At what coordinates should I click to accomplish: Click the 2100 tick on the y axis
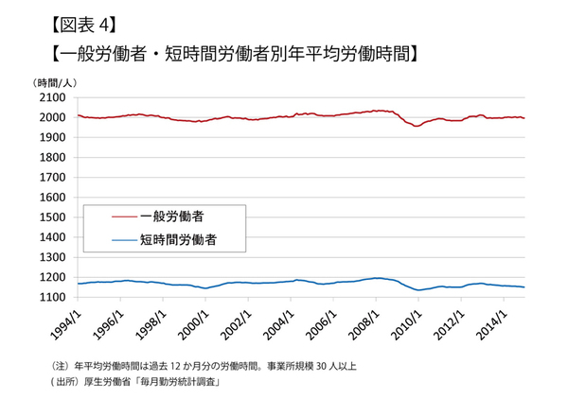click(51, 97)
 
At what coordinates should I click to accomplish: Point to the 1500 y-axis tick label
click(51, 217)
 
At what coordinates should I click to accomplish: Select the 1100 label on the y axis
click(51, 297)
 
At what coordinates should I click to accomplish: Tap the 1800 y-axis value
click(51, 157)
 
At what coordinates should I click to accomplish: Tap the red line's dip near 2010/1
click(417, 126)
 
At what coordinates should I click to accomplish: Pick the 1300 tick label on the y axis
click(51, 257)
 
